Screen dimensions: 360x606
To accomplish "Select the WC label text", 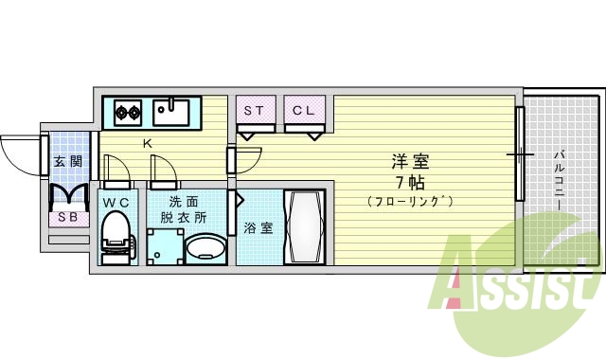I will click(x=117, y=202).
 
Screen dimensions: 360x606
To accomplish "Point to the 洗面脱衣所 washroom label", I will click(x=183, y=209).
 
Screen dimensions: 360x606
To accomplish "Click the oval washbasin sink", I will click(x=205, y=249).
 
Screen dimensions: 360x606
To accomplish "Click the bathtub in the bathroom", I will click(x=305, y=227).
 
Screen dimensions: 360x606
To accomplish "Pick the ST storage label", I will click(x=254, y=111).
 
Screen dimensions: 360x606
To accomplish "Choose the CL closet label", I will click(x=303, y=111).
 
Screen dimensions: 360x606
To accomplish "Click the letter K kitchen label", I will click(x=147, y=144).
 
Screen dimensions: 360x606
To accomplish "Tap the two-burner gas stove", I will click(x=128, y=114).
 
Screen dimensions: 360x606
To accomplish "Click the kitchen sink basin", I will click(x=172, y=114).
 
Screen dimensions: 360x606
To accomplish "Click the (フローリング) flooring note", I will click(x=412, y=201).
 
